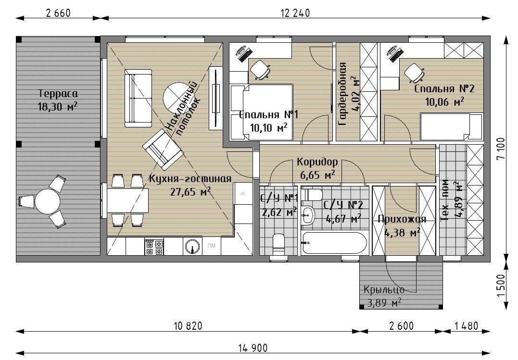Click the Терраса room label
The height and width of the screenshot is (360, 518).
coord(58,93)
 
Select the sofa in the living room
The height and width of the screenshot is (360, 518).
coord(138,98)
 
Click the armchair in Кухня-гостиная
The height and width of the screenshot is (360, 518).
coord(163,149)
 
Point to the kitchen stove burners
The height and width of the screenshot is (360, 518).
coord(154,247)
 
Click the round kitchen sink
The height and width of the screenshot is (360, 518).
coord(192,247)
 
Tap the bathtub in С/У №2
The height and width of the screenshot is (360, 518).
coord(334,242)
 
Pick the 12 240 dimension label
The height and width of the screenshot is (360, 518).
coord(295,13)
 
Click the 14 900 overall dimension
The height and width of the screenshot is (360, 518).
coord(253,348)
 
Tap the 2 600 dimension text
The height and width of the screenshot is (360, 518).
coord(401,326)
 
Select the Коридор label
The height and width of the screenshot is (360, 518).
coord(317,162)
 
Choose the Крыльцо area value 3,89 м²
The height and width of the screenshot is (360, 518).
coord(384,302)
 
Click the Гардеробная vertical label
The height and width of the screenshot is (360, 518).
coord(342,94)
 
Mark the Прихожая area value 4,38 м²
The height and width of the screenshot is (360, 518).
coord(403,233)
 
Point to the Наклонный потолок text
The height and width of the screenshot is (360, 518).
coord(182,109)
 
